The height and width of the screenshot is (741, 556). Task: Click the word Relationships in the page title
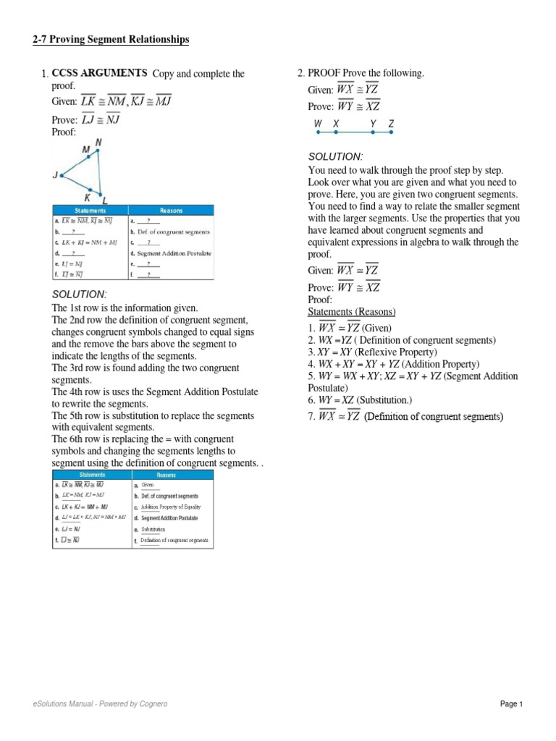click(x=155, y=40)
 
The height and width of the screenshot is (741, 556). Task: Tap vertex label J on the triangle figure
click(x=55, y=174)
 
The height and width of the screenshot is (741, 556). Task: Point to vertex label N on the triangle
click(x=98, y=143)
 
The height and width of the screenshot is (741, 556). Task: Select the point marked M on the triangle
click(x=86, y=150)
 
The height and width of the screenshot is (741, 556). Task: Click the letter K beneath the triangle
click(x=88, y=197)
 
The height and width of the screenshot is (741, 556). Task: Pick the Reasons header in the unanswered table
click(x=171, y=211)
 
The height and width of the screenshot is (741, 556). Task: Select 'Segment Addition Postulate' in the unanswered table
click(x=175, y=253)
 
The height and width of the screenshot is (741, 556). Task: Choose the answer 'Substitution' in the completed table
click(x=153, y=530)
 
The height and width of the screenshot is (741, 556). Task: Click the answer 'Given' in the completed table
click(x=148, y=485)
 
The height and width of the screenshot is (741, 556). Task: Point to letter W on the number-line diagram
click(x=318, y=124)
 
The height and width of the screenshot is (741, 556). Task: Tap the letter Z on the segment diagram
click(x=391, y=124)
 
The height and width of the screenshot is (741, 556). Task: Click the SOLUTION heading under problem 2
click(x=334, y=157)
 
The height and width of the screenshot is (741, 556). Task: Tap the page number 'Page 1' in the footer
click(x=510, y=704)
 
